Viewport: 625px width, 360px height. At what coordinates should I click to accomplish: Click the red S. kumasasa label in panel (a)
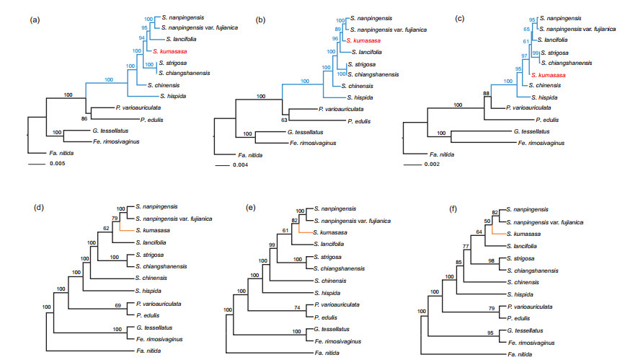(x=170, y=51)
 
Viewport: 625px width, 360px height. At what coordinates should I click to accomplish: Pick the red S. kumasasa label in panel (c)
(x=548, y=74)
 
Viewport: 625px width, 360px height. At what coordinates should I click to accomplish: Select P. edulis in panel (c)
(x=549, y=118)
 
